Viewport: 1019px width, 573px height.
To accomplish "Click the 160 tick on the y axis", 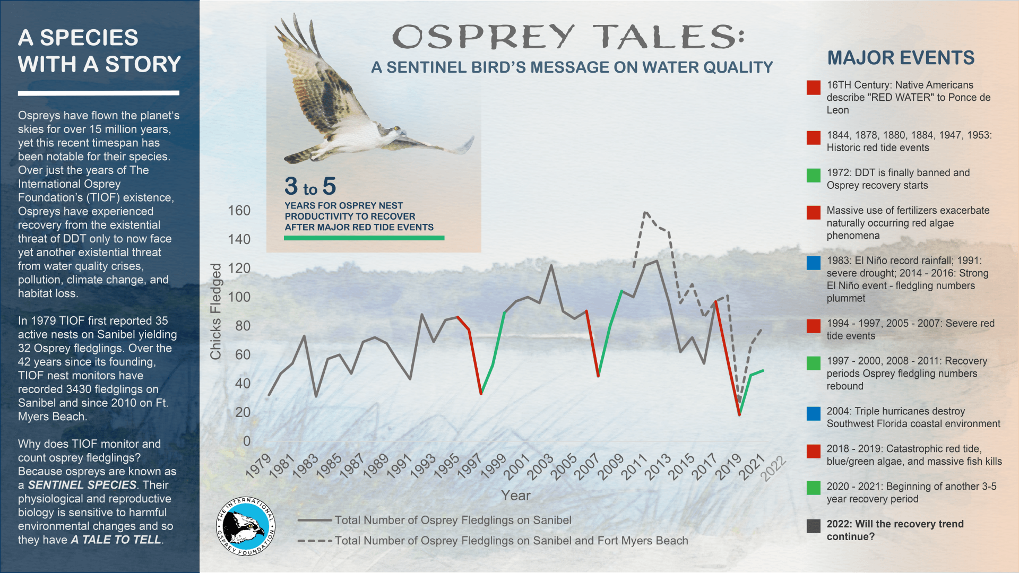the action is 239,211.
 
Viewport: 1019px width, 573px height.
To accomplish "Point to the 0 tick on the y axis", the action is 247,441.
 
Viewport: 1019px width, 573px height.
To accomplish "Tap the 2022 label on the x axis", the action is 773,468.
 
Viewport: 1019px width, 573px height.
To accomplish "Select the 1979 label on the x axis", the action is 259,466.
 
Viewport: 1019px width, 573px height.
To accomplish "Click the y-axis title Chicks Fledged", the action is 215,311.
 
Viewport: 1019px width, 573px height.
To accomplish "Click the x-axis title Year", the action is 516,496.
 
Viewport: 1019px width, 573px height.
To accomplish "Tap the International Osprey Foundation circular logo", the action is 246,526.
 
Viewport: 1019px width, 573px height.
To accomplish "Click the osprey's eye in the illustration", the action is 395,128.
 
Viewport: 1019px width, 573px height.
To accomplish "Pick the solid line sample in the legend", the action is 315,520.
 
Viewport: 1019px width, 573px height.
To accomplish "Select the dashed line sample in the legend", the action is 315,541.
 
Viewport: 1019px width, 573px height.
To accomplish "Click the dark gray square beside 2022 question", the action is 814,526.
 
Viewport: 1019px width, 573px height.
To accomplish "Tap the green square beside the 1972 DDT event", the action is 814,176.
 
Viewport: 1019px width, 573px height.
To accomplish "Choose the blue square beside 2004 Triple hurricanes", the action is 814,414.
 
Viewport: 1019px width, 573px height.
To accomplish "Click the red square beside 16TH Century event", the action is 814,88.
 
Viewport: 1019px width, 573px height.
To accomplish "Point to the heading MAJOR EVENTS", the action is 901,58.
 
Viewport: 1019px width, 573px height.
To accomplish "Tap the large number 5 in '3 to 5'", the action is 329,186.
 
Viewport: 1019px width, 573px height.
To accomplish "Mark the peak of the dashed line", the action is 645,212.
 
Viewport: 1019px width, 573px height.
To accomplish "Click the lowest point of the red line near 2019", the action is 739,414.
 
